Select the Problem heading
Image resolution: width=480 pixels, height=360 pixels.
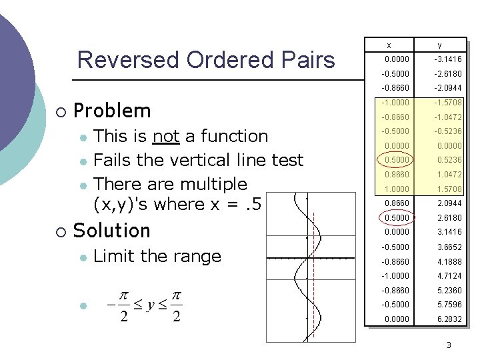pos(112,110)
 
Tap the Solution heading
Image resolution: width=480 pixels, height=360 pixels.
pos(112,231)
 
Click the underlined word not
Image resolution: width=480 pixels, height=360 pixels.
pos(165,136)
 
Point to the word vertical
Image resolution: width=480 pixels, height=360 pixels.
pos(201,160)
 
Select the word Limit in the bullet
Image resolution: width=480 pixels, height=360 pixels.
pos(115,256)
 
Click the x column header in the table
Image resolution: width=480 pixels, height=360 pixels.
pos(389,45)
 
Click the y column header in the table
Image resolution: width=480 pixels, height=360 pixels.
pos(439,45)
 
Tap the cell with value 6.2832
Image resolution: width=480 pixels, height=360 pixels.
pos(449,319)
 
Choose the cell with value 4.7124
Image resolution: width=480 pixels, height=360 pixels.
pos(449,276)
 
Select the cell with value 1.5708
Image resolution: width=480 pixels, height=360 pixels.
pos(449,189)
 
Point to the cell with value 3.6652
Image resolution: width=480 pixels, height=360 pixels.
pos(449,247)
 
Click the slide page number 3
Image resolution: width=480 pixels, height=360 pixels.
pos(449,345)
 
